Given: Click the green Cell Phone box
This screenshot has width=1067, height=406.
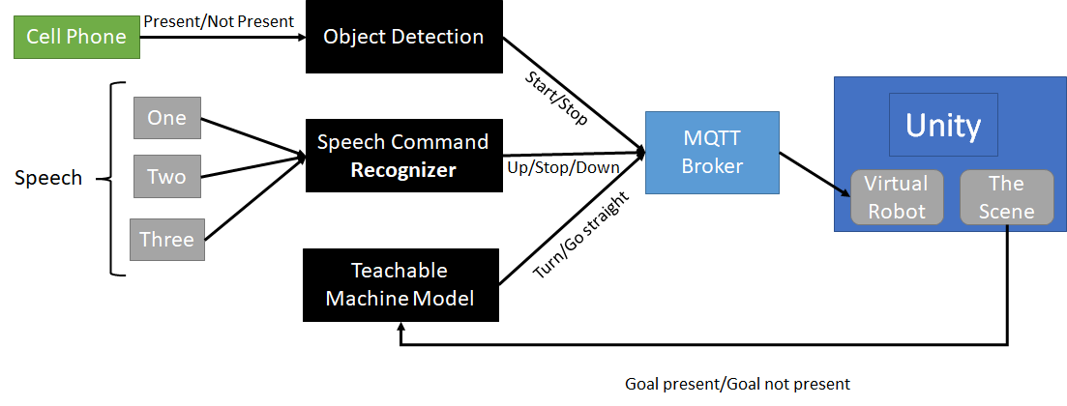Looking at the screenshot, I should point(76,38).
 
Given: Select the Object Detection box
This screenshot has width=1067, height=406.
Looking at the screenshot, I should point(403,38).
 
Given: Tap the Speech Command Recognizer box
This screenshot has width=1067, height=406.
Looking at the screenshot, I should point(403,156).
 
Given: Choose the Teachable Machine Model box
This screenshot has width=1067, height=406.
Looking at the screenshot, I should point(400,285).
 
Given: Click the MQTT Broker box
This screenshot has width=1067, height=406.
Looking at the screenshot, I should point(712,153).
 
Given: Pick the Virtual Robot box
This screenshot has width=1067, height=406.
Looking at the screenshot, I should point(895,197).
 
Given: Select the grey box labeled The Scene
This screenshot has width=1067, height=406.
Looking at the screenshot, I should point(1006,197).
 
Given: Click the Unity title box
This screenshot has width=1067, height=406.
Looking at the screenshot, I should point(943,125).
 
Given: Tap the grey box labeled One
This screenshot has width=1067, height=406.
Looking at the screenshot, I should point(166,119).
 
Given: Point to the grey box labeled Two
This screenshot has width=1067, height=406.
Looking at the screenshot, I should point(166,177).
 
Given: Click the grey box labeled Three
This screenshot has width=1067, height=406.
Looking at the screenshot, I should point(166,239).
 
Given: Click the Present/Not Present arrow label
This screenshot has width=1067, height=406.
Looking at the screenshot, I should point(218,18).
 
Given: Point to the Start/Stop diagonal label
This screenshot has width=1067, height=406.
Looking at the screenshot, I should point(555,97).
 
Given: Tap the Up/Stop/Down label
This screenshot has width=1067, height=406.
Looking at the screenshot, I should point(563,167).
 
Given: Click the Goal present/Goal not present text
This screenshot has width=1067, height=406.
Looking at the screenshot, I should point(737,384).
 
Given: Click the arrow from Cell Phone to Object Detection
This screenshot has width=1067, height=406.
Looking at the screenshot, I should point(222,38).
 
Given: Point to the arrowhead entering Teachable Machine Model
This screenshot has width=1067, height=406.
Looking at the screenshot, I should point(400,329).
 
